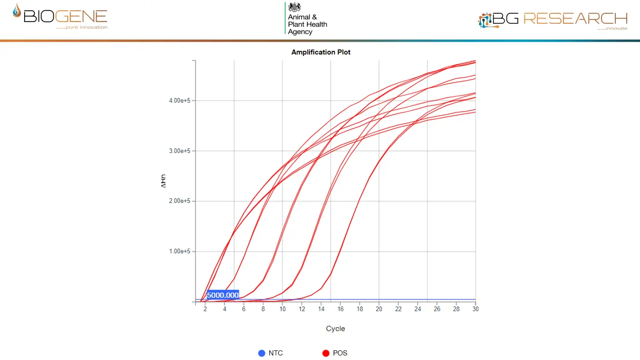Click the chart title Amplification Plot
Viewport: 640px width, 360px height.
pyautogui.click(x=321, y=52)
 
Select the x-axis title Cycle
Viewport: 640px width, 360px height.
pyautogui.click(x=335, y=329)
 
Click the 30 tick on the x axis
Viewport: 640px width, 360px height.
pyautogui.click(x=475, y=309)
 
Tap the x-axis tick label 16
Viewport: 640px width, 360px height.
pyautogui.click(x=340, y=309)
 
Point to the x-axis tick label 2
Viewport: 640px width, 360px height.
pyautogui.click(x=205, y=309)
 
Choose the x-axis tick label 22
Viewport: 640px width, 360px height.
pyautogui.click(x=398, y=309)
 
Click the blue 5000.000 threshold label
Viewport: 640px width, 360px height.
pyautogui.click(x=223, y=295)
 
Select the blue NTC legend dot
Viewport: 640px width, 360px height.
pyautogui.click(x=262, y=353)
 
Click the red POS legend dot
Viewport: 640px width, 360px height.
pyautogui.click(x=325, y=353)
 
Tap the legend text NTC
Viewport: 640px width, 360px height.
pyautogui.click(x=276, y=353)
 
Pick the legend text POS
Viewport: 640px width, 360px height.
pyautogui.click(x=340, y=353)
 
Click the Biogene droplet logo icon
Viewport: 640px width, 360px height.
pyautogui.click(x=17, y=12)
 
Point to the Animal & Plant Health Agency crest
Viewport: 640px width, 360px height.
pyautogui.click(x=295, y=7)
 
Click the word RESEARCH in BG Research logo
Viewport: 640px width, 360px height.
pyautogui.click(x=575, y=18)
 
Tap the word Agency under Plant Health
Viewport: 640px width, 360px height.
pyautogui.click(x=300, y=32)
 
